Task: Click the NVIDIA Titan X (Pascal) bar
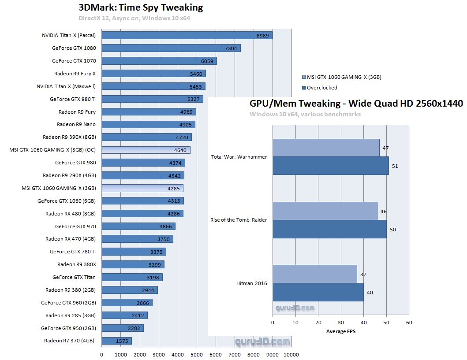click(187, 35)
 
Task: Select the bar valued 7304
click(171, 48)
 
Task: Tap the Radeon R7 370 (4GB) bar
click(116, 341)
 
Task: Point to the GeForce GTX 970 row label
click(75, 226)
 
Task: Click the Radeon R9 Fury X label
click(75, 74)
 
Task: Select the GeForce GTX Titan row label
click(74, 277)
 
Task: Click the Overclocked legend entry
click(322, 88)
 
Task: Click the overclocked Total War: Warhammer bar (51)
click(330, 166)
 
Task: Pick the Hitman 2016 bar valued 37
click(314, 274)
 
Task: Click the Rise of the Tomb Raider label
click(239, 220)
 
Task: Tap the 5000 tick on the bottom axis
click(196, 354)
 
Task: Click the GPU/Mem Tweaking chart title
click(356, 104)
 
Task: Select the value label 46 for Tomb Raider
click(383, 212)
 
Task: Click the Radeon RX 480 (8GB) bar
click(142, 214)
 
